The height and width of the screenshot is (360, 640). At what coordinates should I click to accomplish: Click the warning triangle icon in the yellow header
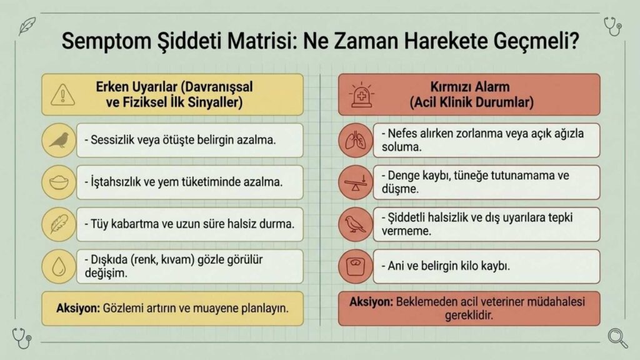(x=62, y=95)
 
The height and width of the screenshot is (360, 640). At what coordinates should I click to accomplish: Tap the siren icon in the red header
(x=361, y=96)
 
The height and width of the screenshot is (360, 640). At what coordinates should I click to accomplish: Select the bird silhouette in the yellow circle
(x=59, y=140)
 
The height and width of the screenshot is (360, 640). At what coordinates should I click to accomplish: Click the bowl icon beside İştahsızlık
(x=59, y=182)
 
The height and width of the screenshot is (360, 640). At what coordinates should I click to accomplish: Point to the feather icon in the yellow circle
(x=59, y=224)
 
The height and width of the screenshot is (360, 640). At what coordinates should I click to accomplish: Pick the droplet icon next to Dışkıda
(x=59, y=266)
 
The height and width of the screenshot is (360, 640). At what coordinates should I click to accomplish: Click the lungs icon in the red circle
(x=356, y=141)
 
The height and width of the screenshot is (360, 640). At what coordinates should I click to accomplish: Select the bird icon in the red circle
(x=356, y=224)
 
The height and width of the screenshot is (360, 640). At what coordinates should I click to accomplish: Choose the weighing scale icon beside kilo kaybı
(x=356, y=266)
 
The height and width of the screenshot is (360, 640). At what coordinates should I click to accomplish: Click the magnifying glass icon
(x=617, y=338)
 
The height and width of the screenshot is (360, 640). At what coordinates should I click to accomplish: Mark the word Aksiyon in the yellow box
(x=77, y=308)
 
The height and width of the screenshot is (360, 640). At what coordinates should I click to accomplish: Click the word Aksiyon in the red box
(x=370, y=302)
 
